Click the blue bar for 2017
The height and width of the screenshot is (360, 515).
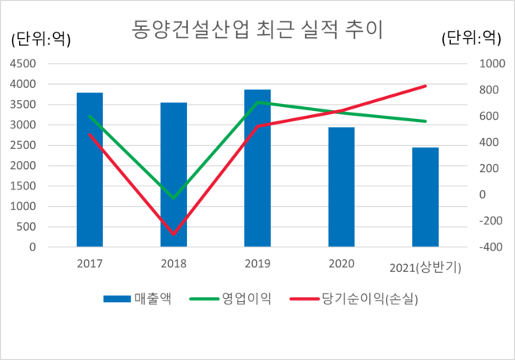tap(90, 170)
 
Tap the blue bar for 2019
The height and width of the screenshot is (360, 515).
tap(257, 168)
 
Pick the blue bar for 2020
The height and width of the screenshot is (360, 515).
tap(341, 187)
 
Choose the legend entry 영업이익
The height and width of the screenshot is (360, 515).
tap(235, 299)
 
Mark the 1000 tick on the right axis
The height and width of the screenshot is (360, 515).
tap(486, 63)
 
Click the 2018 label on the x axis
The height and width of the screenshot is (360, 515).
tap(174, 263)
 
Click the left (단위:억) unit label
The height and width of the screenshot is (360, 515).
tap(40, 37)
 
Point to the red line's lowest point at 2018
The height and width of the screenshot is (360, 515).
tap(174, 234)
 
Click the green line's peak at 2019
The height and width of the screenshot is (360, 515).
tap(257, 102)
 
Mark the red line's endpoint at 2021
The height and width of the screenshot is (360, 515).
tap(425, 86)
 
